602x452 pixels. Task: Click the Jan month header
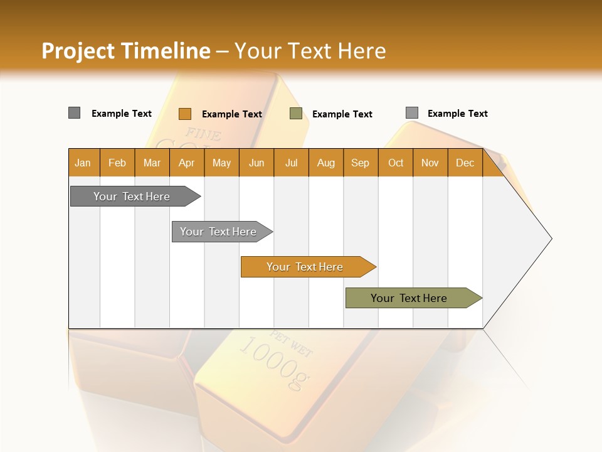(x=83, y=163)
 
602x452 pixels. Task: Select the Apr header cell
(x=186, y=163)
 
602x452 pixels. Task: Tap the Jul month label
(x=291, y=163)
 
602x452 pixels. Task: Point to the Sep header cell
(x=360, y=163)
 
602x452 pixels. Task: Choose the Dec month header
(x=465, y=163)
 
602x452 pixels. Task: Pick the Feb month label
(x=117, y=163)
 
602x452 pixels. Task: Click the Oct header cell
(x=396, y=163)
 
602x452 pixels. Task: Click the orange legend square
(x=184, y=114)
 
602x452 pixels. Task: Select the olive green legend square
(x=296, y=114)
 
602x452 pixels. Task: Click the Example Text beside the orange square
(x=231, y=114)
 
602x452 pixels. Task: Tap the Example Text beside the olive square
(x=342, y=114)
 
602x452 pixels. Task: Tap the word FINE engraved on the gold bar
(x=203, y=134)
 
